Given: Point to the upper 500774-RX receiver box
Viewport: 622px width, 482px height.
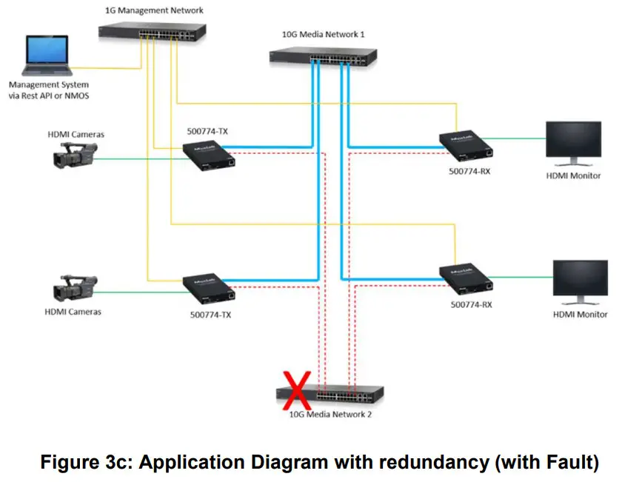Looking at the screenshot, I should (466, 144).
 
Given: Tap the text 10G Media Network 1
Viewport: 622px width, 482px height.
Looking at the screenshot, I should (323, 34).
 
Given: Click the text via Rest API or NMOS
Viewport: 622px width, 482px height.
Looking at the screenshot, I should (49, 96).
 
